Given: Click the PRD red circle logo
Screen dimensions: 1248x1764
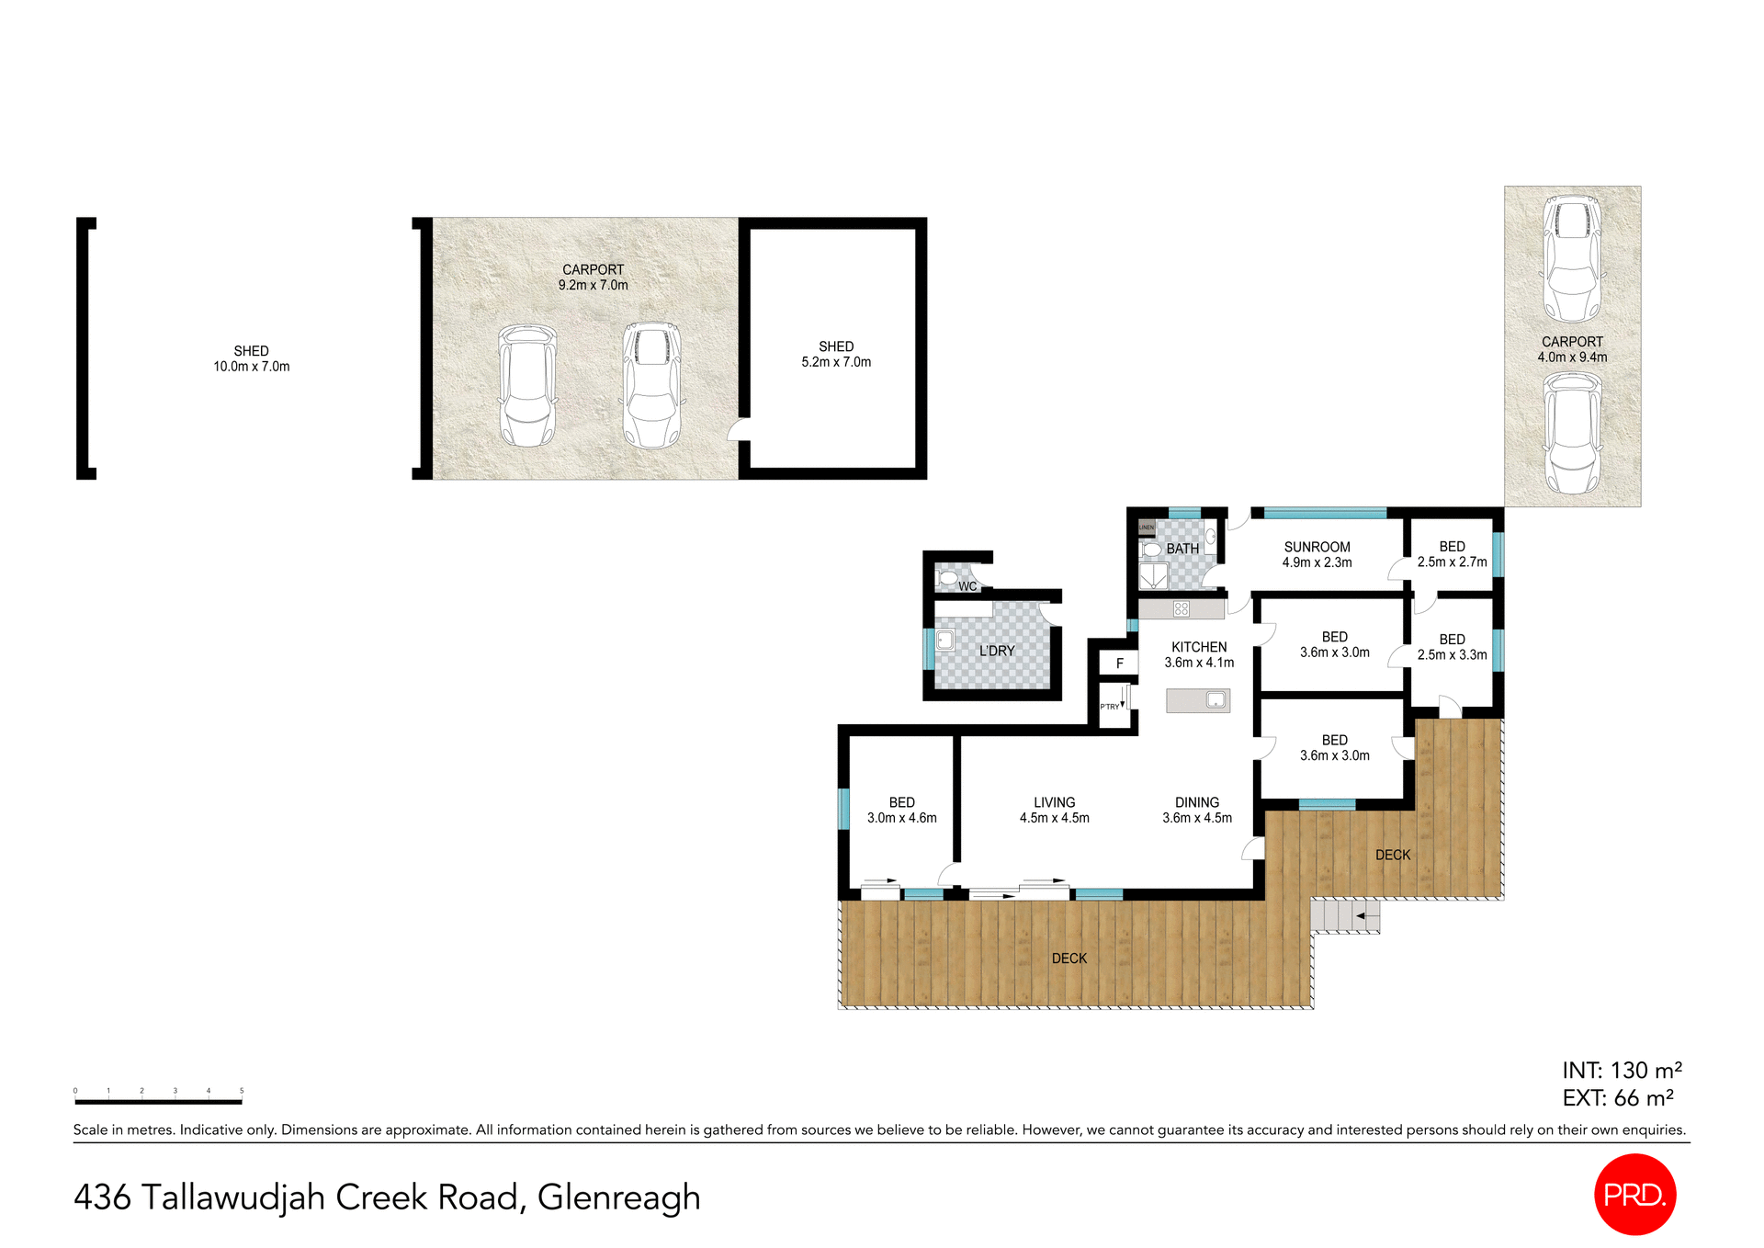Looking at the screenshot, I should point(1634,1194).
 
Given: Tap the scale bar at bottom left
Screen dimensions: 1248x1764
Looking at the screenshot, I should point(158,1100).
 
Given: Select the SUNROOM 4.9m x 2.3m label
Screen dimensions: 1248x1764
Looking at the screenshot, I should point(1317,554).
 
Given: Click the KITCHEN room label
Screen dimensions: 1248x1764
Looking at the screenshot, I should point(1199,647).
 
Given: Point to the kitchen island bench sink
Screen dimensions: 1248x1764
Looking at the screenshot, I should point(1216,700).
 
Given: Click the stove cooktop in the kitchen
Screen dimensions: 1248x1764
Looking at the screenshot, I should point(1182,608).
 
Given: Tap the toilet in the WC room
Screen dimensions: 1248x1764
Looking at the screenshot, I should point(947,578).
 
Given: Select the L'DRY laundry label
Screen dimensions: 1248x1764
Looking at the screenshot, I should point(997,651).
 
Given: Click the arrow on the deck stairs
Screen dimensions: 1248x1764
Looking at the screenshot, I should point(1367,916).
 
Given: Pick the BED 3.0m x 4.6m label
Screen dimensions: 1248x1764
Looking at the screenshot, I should point(901,810).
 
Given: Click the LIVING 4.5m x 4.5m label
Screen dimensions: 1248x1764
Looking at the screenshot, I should point(1054,810).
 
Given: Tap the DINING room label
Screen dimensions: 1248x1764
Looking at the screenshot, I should point(1197,802).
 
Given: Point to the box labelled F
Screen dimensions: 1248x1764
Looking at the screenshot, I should point(1119,663).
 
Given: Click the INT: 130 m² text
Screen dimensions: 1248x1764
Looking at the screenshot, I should point(1622,1070).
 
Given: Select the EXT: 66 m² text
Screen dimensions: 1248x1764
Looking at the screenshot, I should point(1617,1097).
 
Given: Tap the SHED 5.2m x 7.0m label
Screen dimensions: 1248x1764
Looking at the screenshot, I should point(836,354).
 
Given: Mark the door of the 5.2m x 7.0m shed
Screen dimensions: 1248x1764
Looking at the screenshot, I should point(738,430).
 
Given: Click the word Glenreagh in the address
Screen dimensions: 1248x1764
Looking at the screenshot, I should point(618,1197).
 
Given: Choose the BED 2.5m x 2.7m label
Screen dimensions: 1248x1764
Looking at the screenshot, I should point(1452,554).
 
